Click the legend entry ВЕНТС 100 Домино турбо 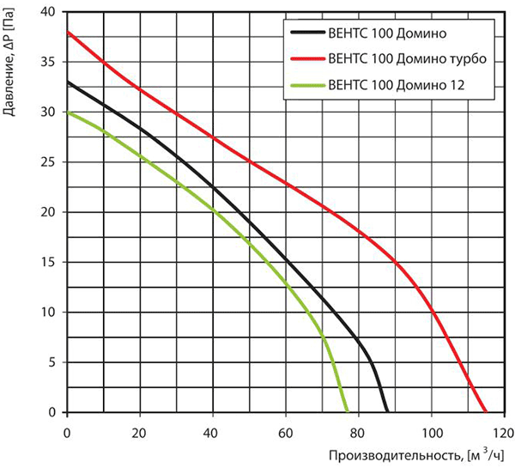coord(407,59)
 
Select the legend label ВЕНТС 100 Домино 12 coord(397,85)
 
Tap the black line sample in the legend coord(307,33)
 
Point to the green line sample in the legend coord(307,86)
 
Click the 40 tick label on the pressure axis coord(49,12)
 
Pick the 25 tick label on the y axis coord(49,162)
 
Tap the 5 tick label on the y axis coord(52,362)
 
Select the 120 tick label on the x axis coord(503,433)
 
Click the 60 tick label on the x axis coord(286,433)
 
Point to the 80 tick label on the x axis coord(358,433)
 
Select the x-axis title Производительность coord(394,456)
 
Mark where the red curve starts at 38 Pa coord(67,33)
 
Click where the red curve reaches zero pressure coord(486,412)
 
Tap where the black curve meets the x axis coord(388,412)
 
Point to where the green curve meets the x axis coord(348,412)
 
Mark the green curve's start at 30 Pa coord(67,112)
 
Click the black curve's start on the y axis coord(67,82)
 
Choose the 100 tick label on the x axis coord(431,433)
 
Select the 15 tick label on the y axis coord(49,262)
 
